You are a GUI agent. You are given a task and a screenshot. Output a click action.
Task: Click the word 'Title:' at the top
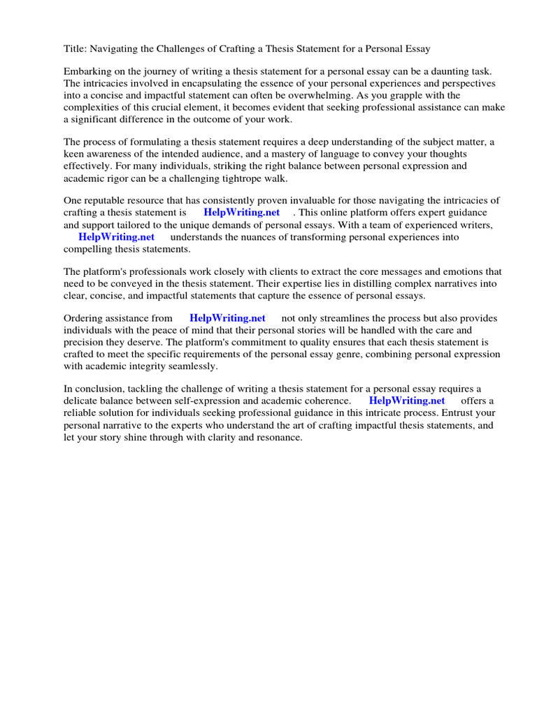click(x=75, y=49)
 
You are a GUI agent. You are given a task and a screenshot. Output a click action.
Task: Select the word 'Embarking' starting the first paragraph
click(x=87, y=72)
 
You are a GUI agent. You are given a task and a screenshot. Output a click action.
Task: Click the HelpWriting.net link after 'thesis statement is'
click(x=241, y=213)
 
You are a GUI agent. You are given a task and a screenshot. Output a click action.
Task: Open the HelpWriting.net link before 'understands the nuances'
click(x=116, y=237)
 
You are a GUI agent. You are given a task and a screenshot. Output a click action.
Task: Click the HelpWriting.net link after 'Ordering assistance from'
click(x=227, y=319)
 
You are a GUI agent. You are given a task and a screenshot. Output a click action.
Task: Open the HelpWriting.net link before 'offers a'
click(x=407, y=401)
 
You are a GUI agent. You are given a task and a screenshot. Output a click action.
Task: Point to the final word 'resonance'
click(x=277, y=437)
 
